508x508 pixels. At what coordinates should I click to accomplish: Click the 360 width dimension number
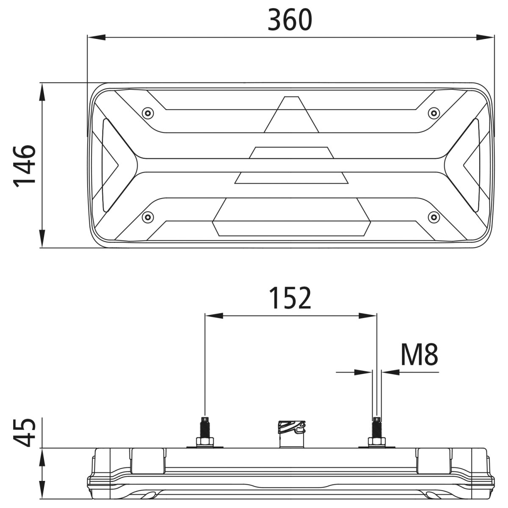pos(290,20)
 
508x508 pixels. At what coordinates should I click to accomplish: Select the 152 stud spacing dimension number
pos(290,298)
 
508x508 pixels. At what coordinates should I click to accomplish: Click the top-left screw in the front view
pos(147,113)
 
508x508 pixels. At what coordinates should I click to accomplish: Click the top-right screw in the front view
pos(433,113)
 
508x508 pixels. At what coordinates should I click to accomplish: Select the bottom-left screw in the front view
pos(147,217)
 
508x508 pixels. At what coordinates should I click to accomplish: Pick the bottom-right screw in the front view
pos(433,217)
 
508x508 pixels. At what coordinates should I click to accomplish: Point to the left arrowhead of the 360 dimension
pos(96,37)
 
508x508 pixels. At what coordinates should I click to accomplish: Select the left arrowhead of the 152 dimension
pos(214,315)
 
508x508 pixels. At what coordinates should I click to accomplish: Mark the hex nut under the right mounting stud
pos(376,443)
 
